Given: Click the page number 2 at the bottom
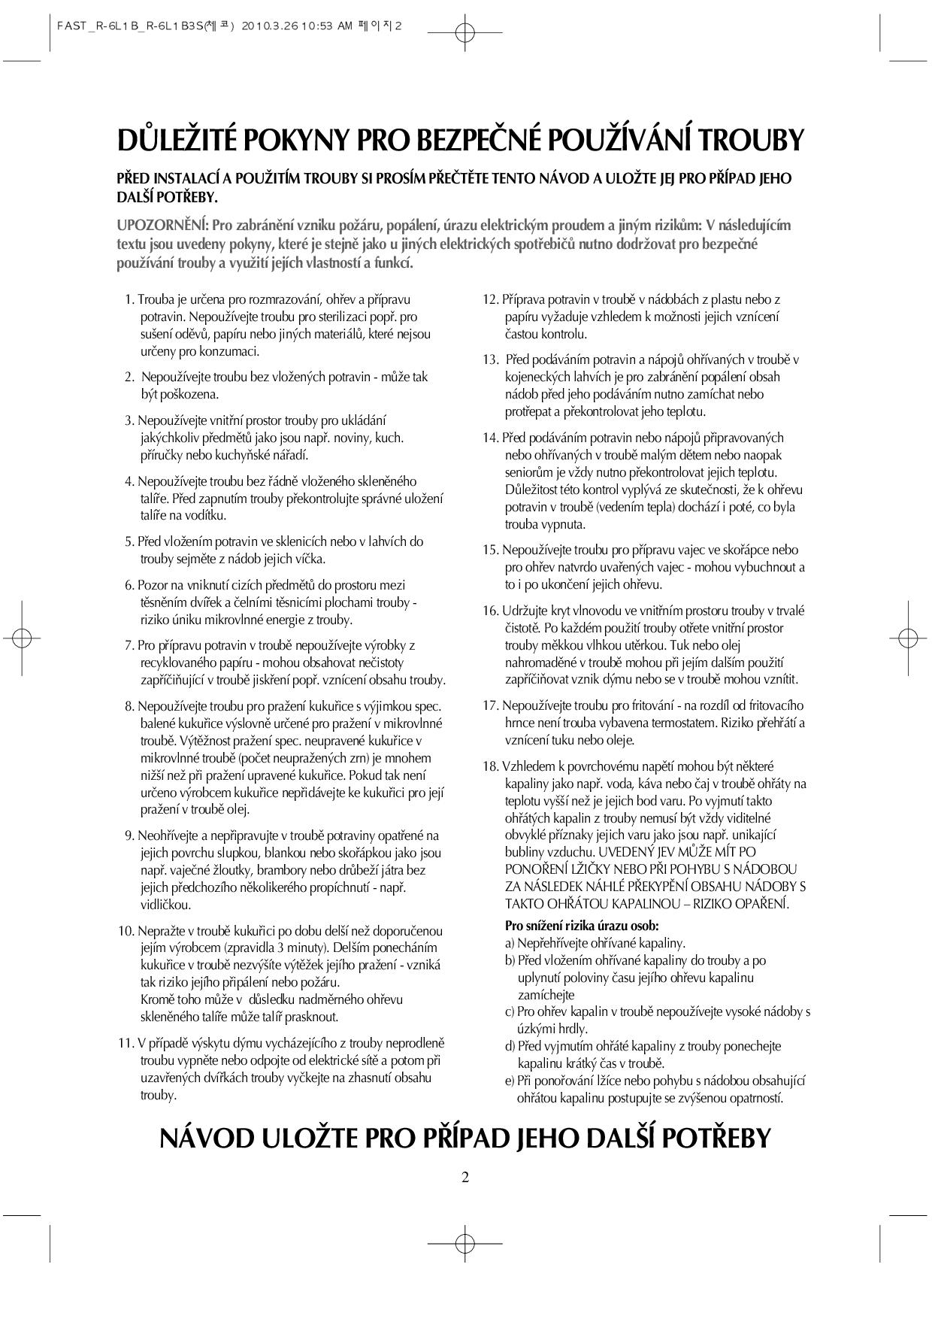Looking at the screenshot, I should [x=465, y=1177].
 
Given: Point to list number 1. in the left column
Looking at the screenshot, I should [x=129, y=299].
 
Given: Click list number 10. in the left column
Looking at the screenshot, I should [x=126, y=931].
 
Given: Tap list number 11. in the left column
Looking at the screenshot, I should [x=126, y=1043].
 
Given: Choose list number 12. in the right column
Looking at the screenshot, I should [x=490, y=299].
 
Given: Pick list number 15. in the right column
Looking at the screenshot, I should [x=490, y=550].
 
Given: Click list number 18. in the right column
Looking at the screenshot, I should [x=490, y=766].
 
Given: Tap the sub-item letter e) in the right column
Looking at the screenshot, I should [x=510, y=1081].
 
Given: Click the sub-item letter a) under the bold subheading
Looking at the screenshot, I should [x=510, y=943].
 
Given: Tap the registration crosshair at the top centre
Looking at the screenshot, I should [x=465, y=32].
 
